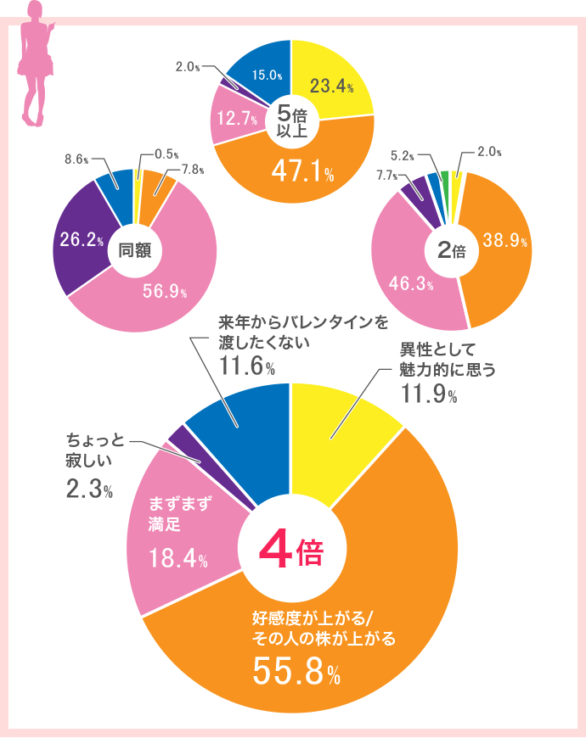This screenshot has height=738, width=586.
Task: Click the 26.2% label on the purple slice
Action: tap(81, 240)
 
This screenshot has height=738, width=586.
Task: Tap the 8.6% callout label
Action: tap(77, 159)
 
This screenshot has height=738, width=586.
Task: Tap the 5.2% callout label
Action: tap(403, 155)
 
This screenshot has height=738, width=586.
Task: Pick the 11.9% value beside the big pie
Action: tap(428, 395)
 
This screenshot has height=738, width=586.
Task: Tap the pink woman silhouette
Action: tap(35, 64)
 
